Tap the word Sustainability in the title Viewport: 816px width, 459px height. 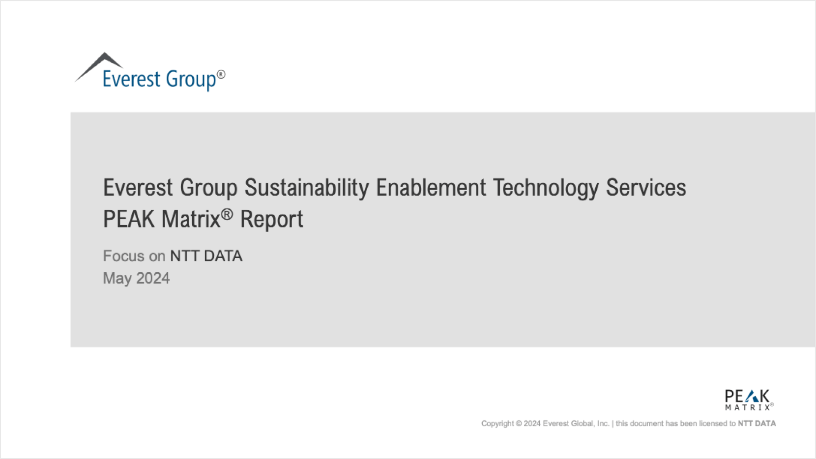[306, 188]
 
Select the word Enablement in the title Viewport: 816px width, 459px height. [431, 187]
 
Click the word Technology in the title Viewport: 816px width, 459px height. [545, 188]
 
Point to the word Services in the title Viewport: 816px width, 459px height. [646, 187]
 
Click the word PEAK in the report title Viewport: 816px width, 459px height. [129, 219]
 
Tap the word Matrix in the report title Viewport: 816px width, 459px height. [191, 219]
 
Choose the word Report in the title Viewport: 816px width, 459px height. [271, 220]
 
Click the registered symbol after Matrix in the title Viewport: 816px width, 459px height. [227, 214]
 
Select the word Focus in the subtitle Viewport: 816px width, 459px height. [124, 256]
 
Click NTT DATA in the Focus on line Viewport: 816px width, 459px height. [206, 256]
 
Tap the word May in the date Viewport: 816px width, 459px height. [117, 279]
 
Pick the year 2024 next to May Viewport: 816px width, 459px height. [153, 278]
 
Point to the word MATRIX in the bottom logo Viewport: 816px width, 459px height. [747, 407]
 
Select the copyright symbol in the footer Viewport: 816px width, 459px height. [519, 424]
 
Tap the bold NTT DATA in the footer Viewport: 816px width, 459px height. [757, 423]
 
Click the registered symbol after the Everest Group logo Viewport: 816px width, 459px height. [221, 74]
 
